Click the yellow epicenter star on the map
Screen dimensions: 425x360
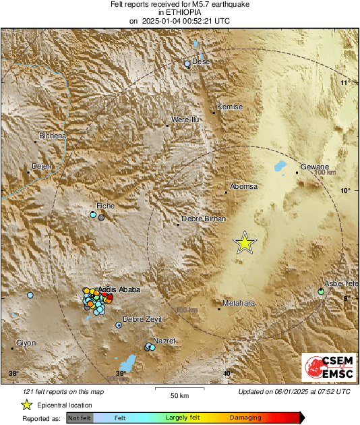coord(245,243)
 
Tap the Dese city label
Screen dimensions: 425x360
coord(202,61)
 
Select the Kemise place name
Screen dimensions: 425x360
coord(229,107)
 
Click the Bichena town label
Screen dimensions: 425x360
coord(53,136)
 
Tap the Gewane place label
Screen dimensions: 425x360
coord(314,167)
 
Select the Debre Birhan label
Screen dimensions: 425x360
coord(204,220)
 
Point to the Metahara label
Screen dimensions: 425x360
coord(239,304)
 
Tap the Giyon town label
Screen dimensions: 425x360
coord(26,343)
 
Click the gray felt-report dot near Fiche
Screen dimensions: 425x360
coord(102,217)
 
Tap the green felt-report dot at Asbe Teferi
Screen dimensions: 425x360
coord(321,292)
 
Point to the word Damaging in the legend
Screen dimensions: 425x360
coord(241,418)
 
